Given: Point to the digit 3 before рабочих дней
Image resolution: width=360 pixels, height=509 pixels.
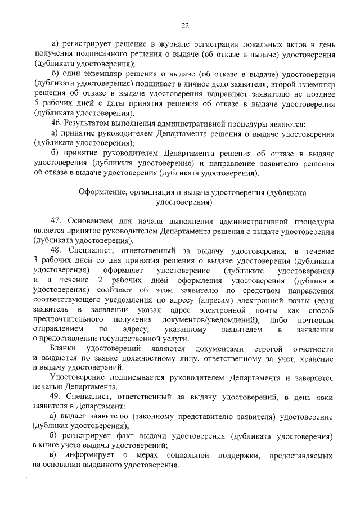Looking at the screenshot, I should (x=37, y=260).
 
